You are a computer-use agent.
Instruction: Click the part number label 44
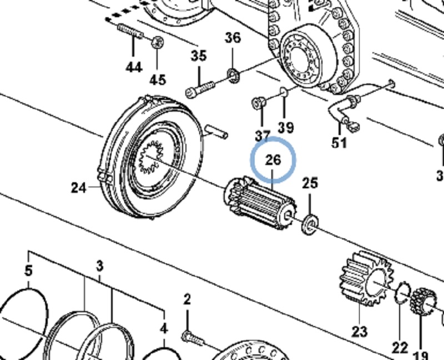(133, 67)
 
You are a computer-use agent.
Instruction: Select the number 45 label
(158, 80)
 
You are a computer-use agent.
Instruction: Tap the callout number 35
(198, 56)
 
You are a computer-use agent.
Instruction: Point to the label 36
(233, 38)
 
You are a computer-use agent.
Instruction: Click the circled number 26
(273, 160)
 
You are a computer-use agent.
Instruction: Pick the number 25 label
(310, 182)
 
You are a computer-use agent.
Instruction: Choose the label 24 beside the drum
(79, 188)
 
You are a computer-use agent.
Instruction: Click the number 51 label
(339, 143)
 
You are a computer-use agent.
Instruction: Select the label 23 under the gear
(359, 332)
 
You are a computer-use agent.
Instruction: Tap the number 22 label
(400, 348)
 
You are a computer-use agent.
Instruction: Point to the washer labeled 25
(309, 224)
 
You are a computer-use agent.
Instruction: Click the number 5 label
(29, 272)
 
